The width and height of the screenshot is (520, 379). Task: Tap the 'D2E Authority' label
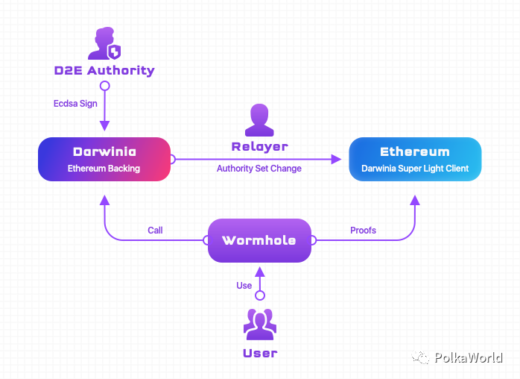[104, 71]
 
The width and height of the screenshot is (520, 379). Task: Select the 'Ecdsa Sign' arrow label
[75, 104]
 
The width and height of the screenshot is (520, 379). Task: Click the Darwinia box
[104, 159]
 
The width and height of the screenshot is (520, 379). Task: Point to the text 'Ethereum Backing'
[104, 169]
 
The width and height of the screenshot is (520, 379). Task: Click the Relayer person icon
[259, 117]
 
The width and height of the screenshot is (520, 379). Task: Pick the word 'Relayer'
[259, 146]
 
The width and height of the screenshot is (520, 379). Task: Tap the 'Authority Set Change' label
[259, 169]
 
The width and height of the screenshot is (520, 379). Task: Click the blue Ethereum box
[415, 159]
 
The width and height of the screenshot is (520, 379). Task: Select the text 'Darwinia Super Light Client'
[415, 169]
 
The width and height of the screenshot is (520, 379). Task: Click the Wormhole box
[259, 240]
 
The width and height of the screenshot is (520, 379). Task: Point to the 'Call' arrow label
[155, 231]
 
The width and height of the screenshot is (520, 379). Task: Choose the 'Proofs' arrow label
[363, 231]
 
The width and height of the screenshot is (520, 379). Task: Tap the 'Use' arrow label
[244, 286]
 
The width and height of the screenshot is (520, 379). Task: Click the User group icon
[259, 322]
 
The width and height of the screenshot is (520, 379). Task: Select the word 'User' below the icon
[259, 353]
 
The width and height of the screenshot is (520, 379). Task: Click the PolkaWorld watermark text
[468, 358]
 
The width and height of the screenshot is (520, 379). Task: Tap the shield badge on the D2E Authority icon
[114, 51]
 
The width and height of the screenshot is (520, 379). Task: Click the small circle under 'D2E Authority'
[105, 87]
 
